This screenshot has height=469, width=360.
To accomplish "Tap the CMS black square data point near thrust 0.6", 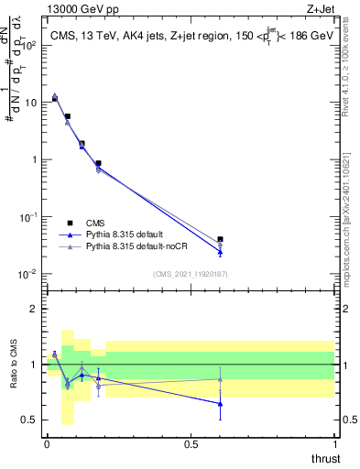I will click(220, 239).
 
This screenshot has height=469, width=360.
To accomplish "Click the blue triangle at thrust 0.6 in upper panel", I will click(220, 252).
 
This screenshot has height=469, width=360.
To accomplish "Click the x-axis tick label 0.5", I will click(191, 443).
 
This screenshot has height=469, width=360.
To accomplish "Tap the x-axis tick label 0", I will click(47, 443).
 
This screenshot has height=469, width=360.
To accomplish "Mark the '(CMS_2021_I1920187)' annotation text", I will click(190, 273).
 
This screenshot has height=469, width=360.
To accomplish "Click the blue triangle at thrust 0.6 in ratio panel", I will click(220, 403).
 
